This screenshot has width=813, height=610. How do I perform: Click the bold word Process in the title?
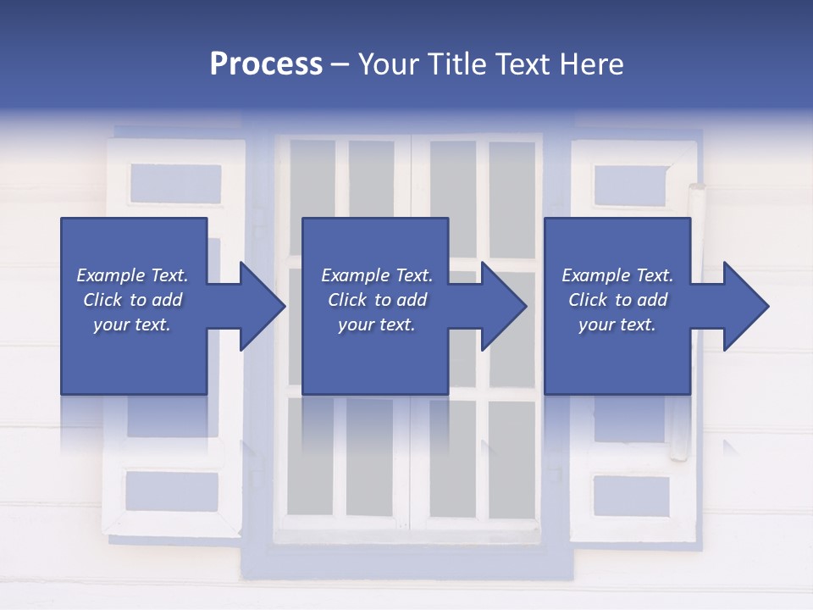266,64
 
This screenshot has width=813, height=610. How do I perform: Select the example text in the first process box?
133,300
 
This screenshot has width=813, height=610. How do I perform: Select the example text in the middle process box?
377,300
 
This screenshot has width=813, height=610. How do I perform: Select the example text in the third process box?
617,300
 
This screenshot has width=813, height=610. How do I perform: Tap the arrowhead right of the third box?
744,306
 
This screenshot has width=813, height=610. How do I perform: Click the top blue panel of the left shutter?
175,183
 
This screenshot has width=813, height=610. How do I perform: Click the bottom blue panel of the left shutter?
172,490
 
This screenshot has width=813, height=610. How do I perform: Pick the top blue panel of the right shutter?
632,186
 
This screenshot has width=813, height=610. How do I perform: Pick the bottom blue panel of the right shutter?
631,496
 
